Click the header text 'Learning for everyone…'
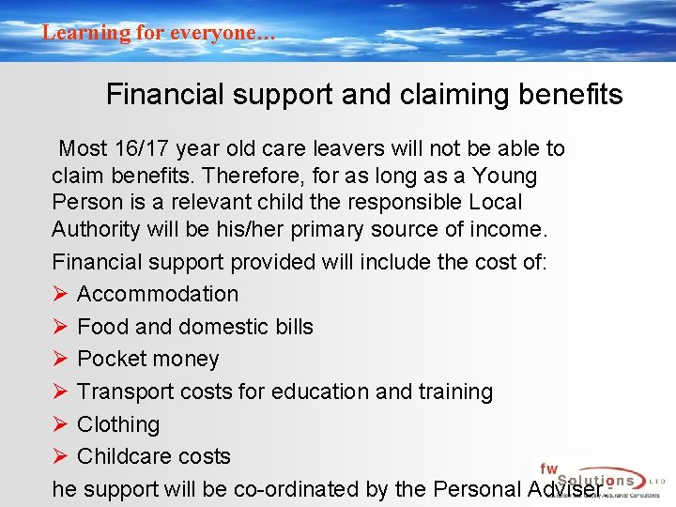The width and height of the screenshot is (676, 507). [159, 33]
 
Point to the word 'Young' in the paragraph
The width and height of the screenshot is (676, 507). [505, 176]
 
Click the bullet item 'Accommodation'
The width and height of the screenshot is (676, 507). [158, 294]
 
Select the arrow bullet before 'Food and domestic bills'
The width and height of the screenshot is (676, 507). [60, 327]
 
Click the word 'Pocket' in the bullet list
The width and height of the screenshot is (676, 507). [113, 359]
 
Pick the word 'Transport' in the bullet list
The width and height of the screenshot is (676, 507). [124, 392]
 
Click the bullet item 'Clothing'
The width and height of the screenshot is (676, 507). [118, 424]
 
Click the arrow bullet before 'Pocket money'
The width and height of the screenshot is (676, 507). [60, 359]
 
